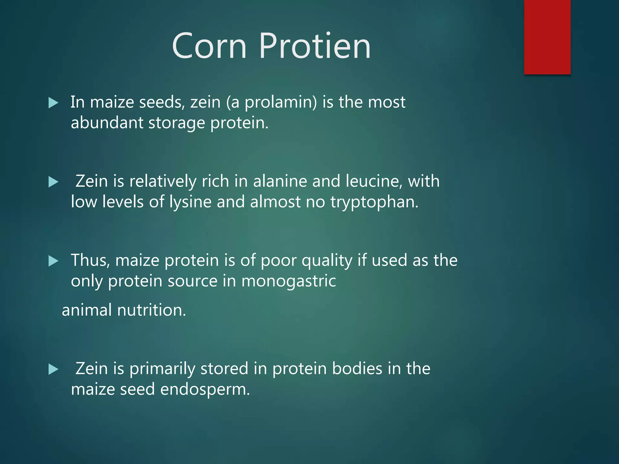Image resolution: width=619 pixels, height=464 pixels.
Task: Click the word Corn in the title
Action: click(x=209, y=46)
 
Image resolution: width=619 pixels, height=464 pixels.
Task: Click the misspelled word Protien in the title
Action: click(x=315, y=46)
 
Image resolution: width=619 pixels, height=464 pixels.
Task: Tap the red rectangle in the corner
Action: click(x=547, y=37)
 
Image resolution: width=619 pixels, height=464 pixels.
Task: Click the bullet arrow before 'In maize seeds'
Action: click(x=53, y=103)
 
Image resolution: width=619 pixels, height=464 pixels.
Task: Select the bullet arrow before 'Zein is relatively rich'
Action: click(x=53, y=182)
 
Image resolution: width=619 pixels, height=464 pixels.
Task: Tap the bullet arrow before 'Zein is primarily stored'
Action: click(x=53, y=369)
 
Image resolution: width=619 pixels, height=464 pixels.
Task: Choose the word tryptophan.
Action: click(x=374, y=202)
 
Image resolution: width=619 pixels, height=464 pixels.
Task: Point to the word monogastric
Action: click(x=288, y=281)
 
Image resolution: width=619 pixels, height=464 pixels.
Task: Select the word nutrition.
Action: click(x=151, y=310)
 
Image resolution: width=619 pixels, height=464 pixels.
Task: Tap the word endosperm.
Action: click(x=205, y=389)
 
